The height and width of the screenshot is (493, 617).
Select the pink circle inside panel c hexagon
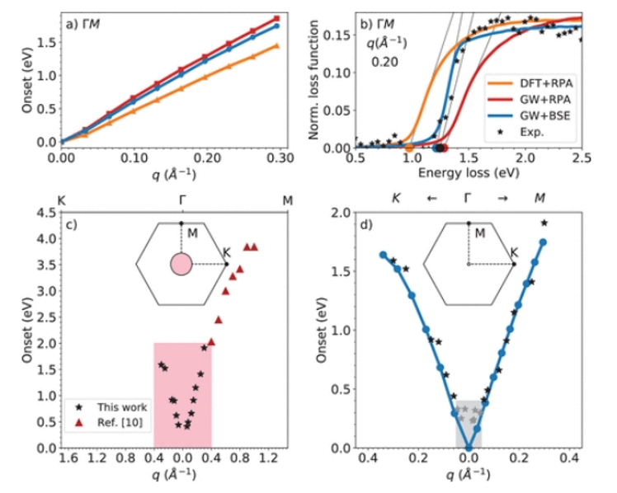181,265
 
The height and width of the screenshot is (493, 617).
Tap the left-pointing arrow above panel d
429,199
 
